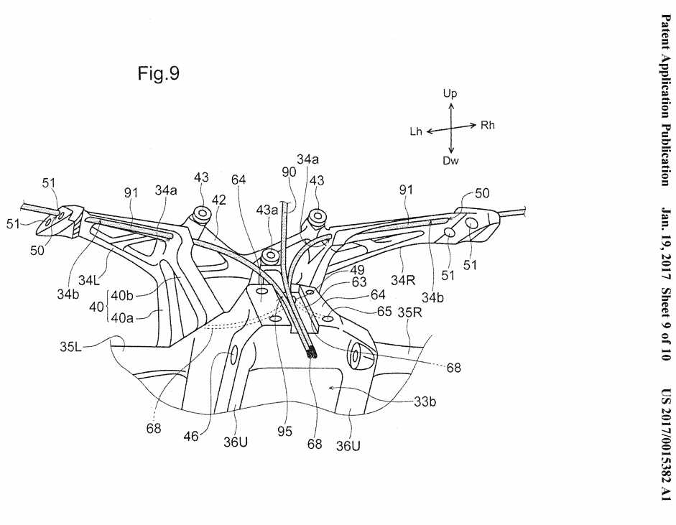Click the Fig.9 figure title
[x=158, y=74]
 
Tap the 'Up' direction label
[x=450, y=94]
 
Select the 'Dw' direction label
[x=450, y=160]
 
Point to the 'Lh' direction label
[x=416, y=131]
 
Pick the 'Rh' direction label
[x=488, y=126]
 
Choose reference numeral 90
[x=288, y=172]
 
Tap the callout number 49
[x=357, y=271]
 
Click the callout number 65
[x=384, y=312]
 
